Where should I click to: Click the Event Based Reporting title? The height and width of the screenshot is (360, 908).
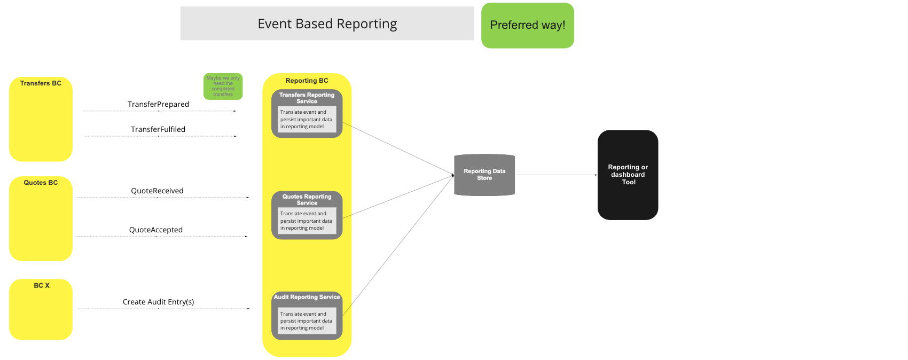[x=327, y=24]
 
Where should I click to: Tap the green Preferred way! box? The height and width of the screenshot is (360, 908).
[x=527, y=26]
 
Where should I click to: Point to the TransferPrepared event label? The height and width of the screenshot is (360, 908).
[x=158, y=104]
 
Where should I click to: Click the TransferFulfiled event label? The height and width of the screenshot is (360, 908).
[x=158, y=129]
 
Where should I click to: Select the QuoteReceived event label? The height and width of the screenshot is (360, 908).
[x=157, y=191]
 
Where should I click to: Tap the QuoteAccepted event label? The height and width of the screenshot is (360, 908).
[x=156, y=230]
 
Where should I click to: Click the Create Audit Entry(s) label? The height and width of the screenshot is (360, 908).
[x=158, y=302]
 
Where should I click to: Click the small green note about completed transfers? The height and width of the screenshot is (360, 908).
[x=223, y=86]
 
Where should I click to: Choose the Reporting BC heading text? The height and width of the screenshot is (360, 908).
[x=307, y=81]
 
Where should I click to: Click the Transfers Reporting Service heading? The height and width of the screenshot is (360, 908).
[x=307, y=98]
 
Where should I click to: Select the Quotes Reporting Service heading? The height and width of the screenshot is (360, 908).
[x=307, y=200]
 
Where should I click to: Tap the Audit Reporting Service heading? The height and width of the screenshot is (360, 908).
[x=307, y=297]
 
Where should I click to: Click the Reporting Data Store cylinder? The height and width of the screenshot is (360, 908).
[x=484, y=175]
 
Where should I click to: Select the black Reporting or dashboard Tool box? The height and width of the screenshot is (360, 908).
[x=628, y=175]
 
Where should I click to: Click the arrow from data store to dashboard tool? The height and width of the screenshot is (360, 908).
[x=555, y=175]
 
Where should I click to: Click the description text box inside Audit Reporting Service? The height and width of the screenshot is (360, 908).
[x=307, y=321]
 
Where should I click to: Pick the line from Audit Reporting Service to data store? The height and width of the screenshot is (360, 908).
[x=398, y=246]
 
